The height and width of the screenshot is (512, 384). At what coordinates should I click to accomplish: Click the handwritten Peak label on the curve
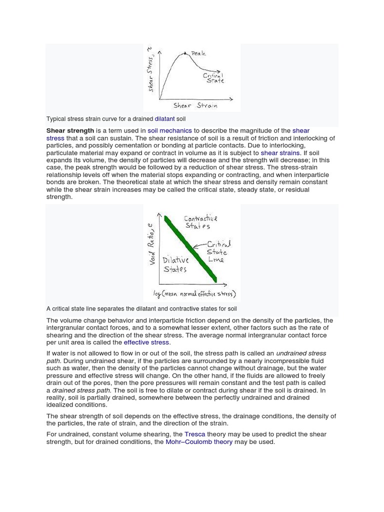[x=198, y=53]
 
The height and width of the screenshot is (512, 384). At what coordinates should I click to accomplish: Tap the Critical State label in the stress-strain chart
[x=213, y=77]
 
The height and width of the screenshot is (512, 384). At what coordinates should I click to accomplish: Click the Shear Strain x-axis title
[x=195, y=105]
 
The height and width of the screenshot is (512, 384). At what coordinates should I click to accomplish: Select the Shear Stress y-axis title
[x=150, y=70]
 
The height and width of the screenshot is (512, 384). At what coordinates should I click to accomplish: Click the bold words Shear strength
[x=70, y=130]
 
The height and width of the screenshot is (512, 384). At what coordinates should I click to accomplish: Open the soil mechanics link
[x=169, y=130]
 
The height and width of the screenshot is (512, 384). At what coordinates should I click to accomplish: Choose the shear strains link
[x=280, y=153]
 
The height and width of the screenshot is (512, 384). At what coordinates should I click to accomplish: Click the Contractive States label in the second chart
[x=200, y=222]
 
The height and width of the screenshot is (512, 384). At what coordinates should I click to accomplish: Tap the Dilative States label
[x=175, y=264]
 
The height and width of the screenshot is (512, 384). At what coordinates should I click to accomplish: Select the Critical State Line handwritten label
[x=218, y=252]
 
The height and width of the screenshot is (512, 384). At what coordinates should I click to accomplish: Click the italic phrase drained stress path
[x=81, y=390]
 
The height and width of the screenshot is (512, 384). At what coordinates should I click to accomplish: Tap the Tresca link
[x=194, y=434]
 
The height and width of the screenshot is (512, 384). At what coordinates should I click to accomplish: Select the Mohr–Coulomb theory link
[x=199, y=442]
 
